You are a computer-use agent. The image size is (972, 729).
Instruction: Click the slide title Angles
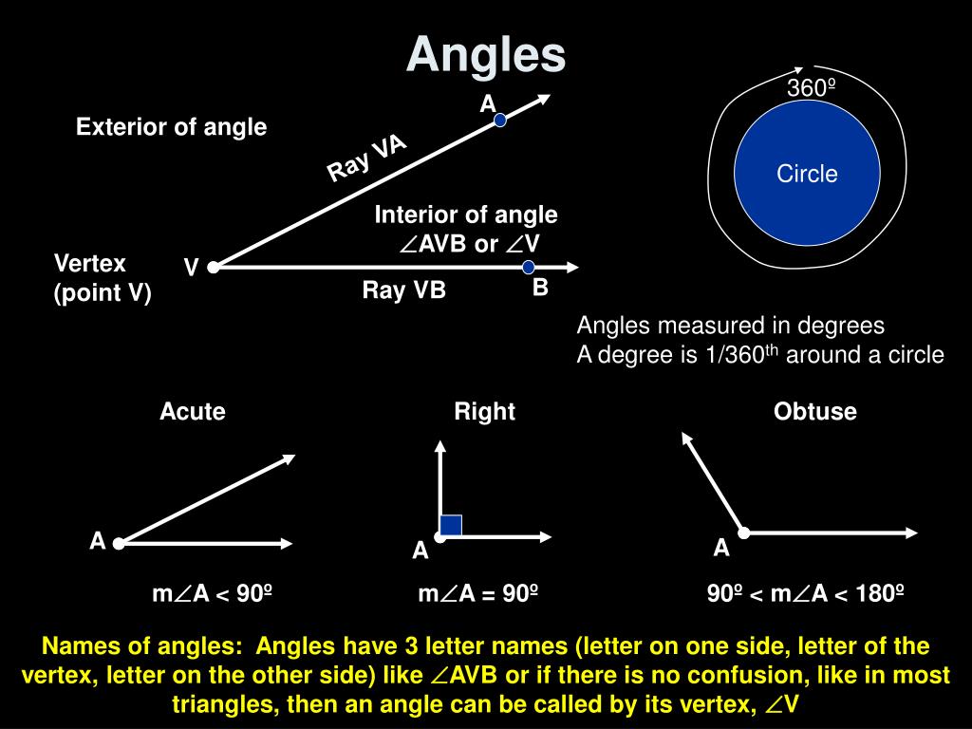click(x=486, y=55)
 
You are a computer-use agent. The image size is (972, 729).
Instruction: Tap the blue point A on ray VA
click(x=500, y=121)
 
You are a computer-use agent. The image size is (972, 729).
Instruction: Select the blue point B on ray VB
click(x=529, y=268)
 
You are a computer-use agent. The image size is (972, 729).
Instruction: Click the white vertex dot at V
click(x=214, y=268)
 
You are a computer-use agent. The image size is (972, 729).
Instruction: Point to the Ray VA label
click(x=367, y=158)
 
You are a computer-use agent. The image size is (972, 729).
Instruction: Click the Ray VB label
click(x=403, y=290)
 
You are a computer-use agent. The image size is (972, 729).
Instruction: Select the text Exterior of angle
click(x=172, y=126)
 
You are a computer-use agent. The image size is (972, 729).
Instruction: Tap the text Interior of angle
click(x=466, y=215)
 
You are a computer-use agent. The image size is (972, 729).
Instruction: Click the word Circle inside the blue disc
click(x=807, y=174)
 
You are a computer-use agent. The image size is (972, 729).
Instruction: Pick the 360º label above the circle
click(x=810, y=88)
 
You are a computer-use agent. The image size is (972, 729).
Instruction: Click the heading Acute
click(x=193, y=411)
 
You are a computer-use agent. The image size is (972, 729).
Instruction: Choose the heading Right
click(x=484, y=411)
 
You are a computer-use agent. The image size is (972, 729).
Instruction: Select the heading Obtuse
click(x=814, y=411)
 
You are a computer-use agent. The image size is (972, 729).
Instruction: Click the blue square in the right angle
click(x=451, y=525)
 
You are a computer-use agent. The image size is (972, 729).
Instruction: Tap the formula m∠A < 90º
click(x=213, y=594)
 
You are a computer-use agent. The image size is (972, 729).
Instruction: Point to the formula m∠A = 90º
click(x=478, y=594)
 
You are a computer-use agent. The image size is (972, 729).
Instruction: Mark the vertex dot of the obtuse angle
click(x=745, y=533)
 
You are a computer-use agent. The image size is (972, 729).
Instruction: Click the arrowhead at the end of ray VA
click(x=544, y=98)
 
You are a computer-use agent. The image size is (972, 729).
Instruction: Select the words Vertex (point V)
click(x=103, y=278)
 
